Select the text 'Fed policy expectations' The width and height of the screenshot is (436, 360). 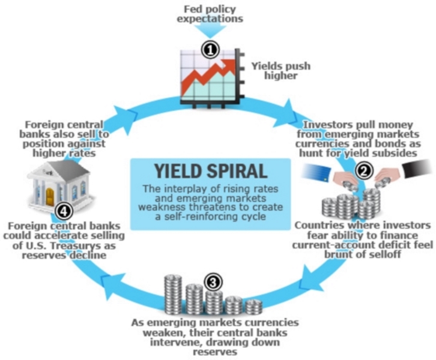pos(213,13)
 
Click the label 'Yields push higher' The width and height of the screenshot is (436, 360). pos(280,71)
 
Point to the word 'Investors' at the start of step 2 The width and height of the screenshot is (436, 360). pos(327,125)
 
